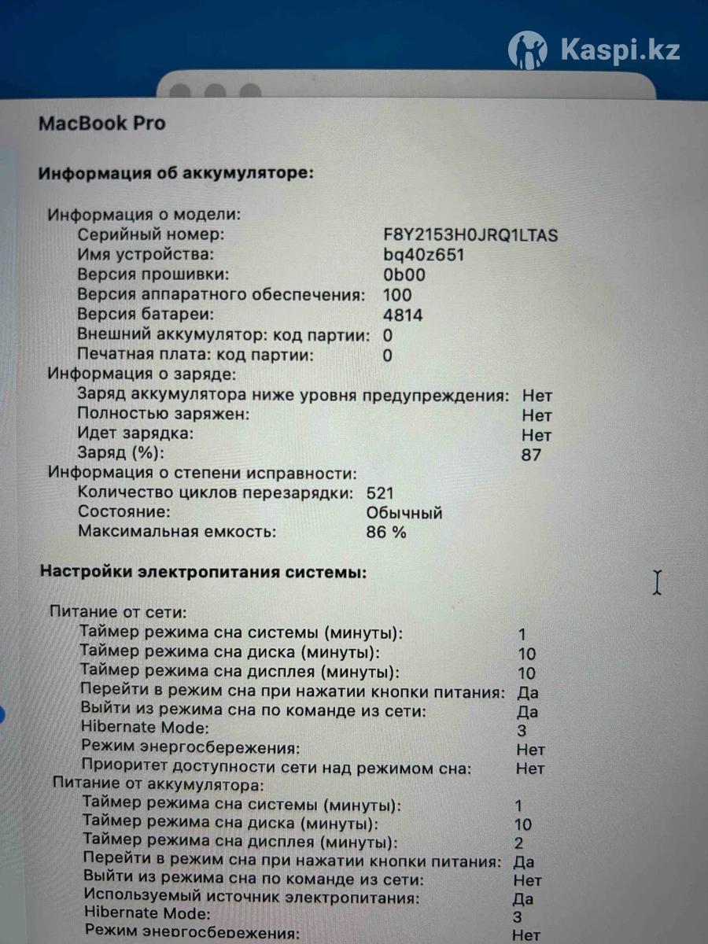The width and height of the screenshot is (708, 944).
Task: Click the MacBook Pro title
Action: pyautogui.click(x=102, y=124)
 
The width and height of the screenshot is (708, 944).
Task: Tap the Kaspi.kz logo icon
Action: pyautogui.click(x=527, y=50)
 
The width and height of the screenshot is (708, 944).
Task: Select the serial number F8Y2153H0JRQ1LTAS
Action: pyautogui.click(x=470, y=235)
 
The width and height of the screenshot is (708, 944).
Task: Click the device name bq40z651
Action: pyautogui.click(x=423, y=255)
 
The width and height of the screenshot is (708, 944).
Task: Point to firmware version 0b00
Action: pyautogui.click(x=404, y=275)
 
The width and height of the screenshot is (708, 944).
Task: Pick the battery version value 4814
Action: pyautogui.click(x=403, y=315)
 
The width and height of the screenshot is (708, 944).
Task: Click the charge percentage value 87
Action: pyautogui.click(x=531, y=455)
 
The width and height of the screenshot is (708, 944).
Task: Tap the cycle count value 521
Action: pyautogui.click(x=380, y=493)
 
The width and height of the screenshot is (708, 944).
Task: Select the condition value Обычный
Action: pyautogui.click(x=404, y=513)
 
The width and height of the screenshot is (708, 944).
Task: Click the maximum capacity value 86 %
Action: pyautogui.click(x=386, y=533)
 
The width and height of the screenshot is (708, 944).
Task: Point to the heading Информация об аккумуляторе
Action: pyautogui.click(x=176, y=173)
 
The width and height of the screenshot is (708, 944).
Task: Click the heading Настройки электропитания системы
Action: pyautogui.click(x=203, y=573)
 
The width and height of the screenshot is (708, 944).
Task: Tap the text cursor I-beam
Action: pyautogui.click(x=657, y=582)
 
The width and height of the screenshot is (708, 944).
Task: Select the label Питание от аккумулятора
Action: pyautogui.click(x=157, y=785)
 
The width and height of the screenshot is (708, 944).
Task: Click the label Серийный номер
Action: pyautogui.click(x=151, y=235)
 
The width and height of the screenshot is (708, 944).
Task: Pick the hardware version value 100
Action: pyautogui.click(x=397, y=295)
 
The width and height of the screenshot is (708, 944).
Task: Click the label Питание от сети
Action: pyautogui.click(x=118, y=611)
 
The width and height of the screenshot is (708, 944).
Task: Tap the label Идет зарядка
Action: pyautogui.click(x=135, y=433)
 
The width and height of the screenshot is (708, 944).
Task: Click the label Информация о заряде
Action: pyautogui.click(x=142, y=374)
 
